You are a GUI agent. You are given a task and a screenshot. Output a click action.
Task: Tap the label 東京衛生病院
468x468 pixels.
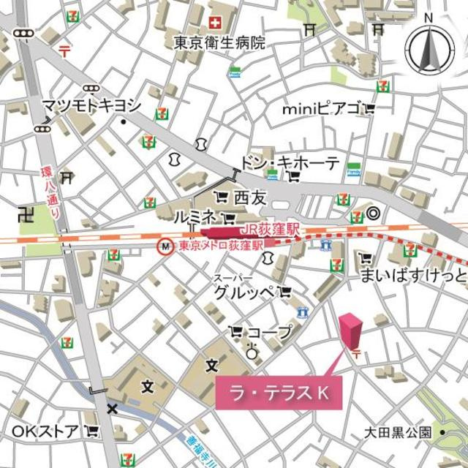(219, 43)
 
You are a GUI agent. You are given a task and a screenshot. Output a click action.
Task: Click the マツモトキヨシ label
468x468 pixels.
(91, 105)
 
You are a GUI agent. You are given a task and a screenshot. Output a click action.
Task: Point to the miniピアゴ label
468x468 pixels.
(322, 109)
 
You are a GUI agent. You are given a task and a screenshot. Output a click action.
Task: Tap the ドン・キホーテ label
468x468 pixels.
(290, 163)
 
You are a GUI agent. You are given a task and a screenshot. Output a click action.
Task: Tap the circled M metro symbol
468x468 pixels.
(166, 248)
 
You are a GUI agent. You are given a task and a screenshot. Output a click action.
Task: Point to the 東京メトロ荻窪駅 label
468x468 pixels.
(220, 247)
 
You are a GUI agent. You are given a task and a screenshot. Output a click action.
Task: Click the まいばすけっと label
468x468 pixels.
(412, 276)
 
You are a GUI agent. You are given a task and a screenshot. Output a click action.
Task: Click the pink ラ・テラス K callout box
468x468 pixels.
(279, 393)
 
